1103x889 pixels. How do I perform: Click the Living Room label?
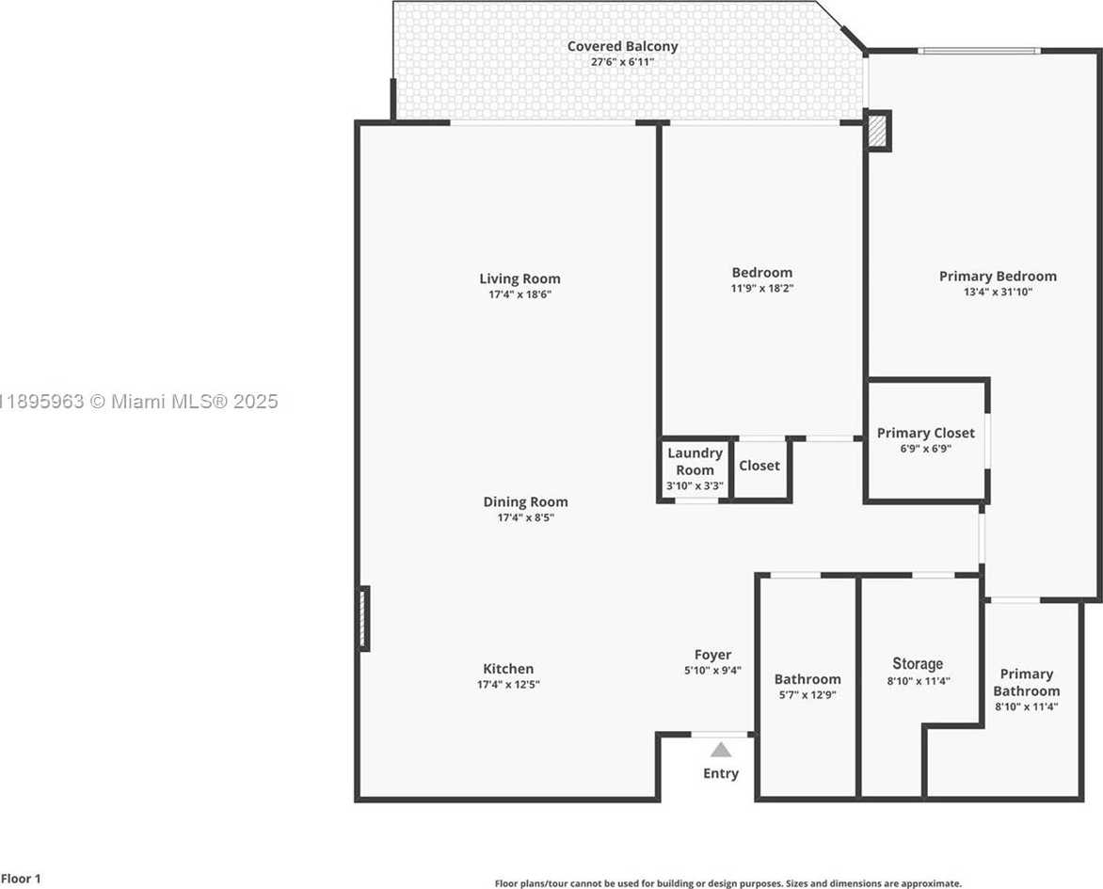tap(520, 278)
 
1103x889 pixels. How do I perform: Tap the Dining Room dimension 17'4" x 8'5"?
tap(525, 517)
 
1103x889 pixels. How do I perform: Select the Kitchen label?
tap(508, 669)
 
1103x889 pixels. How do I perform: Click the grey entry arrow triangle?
tap(721, 750)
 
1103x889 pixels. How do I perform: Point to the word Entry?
tap(721, 773)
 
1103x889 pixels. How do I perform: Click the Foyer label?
tap(712, 655)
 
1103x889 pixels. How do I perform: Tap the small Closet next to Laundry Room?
tap(759, 466)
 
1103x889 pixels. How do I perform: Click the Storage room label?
tap(918, 663)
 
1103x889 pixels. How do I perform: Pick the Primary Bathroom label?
tap(1026, 682)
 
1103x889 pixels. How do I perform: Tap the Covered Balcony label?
tap(622, 46)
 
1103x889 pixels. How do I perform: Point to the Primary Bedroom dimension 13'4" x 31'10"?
tap(998, 292)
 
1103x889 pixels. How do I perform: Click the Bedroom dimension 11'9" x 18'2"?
tap(761, 289)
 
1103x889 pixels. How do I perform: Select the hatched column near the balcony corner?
tap(877, 131)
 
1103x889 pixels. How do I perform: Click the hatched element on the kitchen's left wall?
tap(363, 617)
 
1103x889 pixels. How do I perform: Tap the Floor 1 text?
tap(21, 880)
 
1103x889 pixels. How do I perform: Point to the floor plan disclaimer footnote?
tap(727, 883)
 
